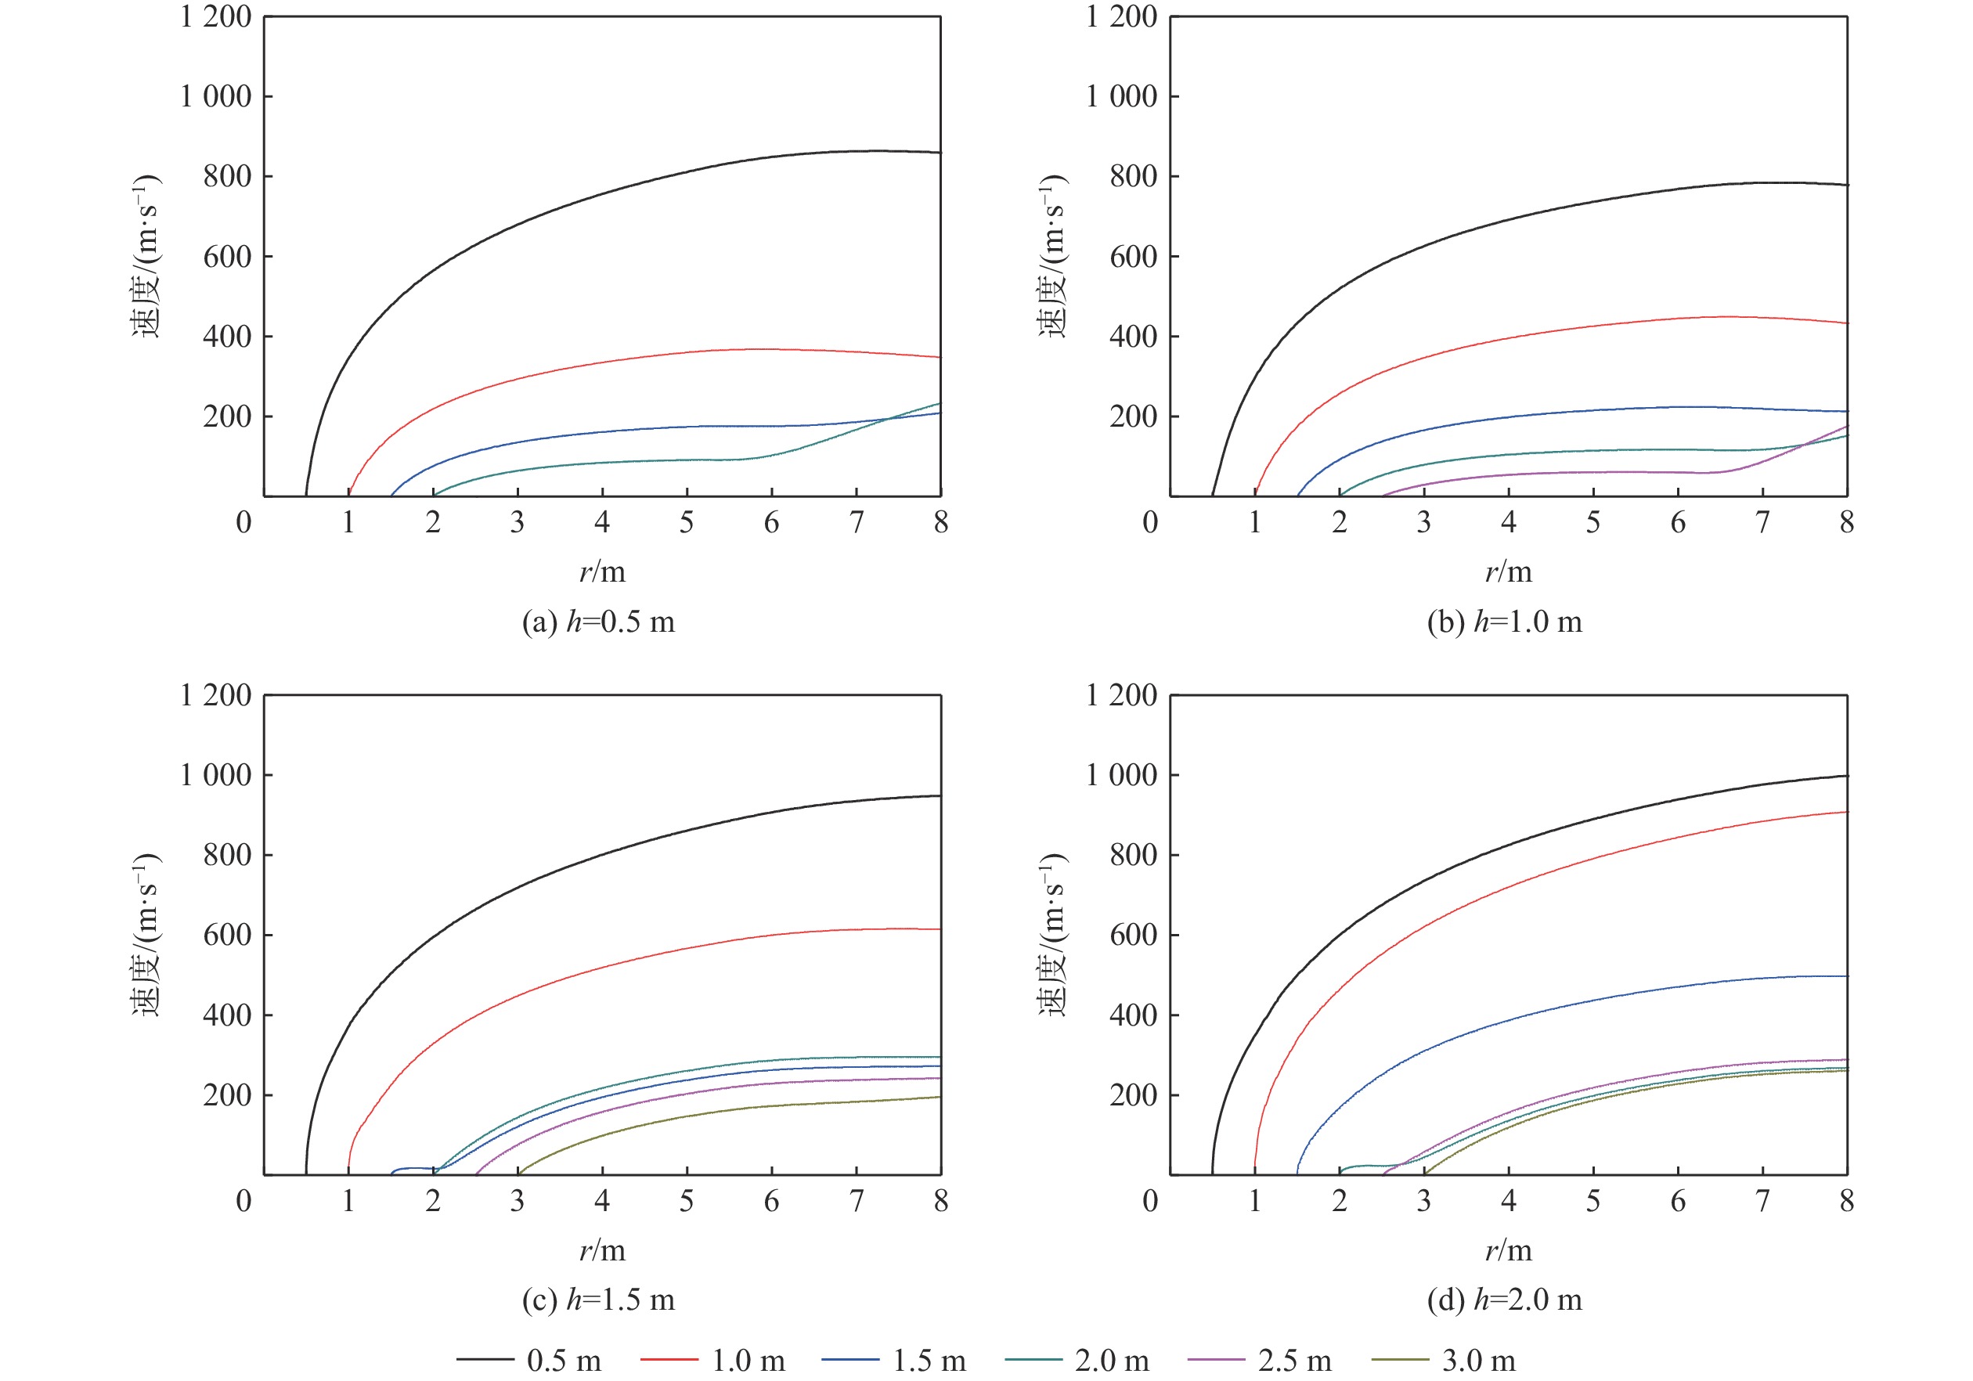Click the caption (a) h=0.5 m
pos(598,622)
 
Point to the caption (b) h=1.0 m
pos(1504,622)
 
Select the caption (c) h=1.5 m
pos(598,1300)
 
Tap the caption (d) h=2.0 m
pos(1504,1300)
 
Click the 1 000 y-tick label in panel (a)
pos(215,96)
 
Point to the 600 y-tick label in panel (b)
pos(1134,256)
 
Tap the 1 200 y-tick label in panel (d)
pos(1121,694)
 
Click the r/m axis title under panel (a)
pos(602,572)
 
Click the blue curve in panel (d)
pos(1509,1020)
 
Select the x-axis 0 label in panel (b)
pos(1151,522)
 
